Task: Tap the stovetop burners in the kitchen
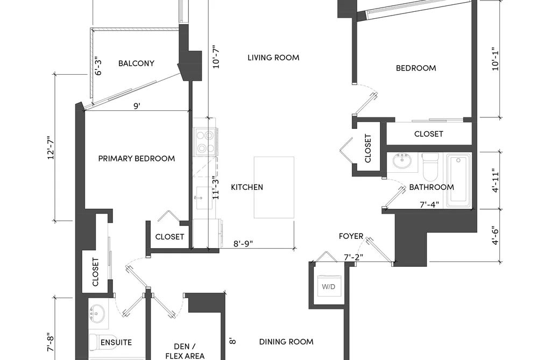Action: pos(205,142)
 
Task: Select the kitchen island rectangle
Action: pos(274,187)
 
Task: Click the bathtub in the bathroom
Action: pos(459,180)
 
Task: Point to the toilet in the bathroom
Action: pos(430,166)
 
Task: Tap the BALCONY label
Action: pos(136,63)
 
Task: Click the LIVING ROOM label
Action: pos(273,58)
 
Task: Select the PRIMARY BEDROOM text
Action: pos(137,158)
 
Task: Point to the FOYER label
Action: pos(351,236)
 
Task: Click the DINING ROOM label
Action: pos(286,342)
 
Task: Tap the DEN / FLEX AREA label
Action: pos(185,351)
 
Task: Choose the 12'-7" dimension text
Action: pos(51,147)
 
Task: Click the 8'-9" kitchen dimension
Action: pos(243,243)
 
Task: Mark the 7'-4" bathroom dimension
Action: pos(429,204)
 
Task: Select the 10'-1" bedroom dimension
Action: pos(496,59)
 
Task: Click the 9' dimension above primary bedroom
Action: pos(137,105)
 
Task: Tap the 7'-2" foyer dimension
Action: pos(353,257)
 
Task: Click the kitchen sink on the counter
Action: pos(204,197)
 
